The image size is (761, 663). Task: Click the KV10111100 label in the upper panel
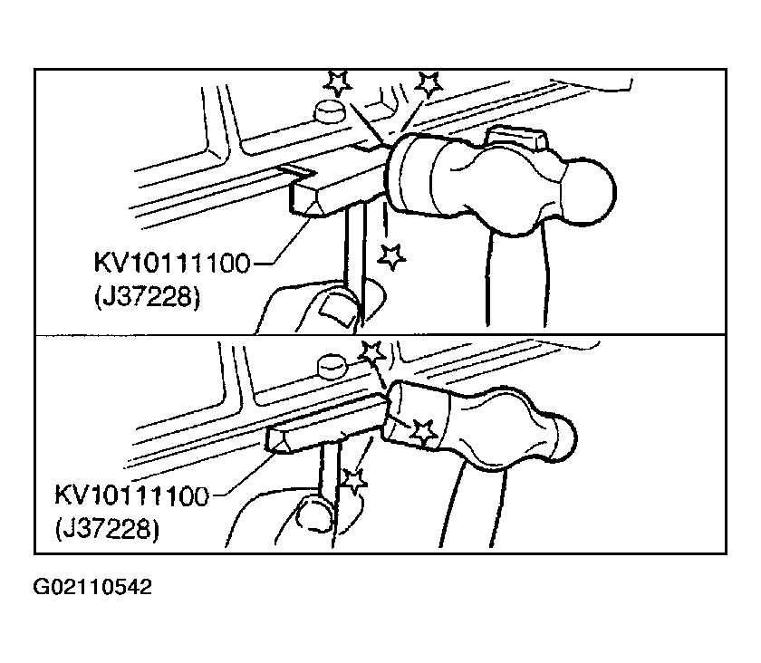pos(172,263)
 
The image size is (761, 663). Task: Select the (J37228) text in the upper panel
pos(147,296)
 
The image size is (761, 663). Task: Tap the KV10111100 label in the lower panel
pos(131,495)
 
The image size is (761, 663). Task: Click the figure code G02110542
pos(92,587)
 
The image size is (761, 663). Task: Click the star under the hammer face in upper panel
pos(391,256)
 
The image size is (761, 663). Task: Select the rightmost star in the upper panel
pos(429,84)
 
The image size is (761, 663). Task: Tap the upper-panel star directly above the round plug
pos(338,82)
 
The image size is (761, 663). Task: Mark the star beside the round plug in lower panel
pos(372,353)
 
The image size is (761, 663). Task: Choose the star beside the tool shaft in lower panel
pos(354,481)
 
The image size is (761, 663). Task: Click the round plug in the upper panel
pos(330,111)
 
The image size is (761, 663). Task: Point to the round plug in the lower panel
pos(332,366)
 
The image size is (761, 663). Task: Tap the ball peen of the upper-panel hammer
pos(589,193)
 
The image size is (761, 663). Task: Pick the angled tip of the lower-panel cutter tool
pos(281,442)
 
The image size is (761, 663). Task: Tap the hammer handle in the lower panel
pos(473,504)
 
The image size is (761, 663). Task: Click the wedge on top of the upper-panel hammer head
pos(517,138)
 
